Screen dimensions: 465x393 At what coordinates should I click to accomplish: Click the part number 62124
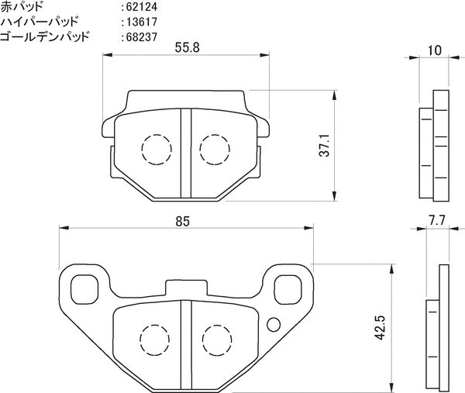(x=142, y=7)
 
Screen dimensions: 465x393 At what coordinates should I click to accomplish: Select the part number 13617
(x=142, y=22)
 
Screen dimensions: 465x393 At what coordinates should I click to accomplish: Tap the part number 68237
(x=142, y=37)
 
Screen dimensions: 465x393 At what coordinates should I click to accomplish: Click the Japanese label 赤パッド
(x=22, y=6)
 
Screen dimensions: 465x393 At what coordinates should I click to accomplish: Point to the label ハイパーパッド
(x=40, y=22)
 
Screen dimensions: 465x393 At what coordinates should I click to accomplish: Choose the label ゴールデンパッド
(x=45, y=36)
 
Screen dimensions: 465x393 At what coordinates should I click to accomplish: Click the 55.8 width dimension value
(x=187, y=47)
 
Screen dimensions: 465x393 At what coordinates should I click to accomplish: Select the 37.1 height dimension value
(x=325, y=145)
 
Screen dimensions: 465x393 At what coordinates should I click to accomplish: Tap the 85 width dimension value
(x=182, y=221)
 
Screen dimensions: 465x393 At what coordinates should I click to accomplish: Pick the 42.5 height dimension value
(x=380, y=327)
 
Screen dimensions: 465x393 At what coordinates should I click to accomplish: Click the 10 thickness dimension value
(x=435, y=50)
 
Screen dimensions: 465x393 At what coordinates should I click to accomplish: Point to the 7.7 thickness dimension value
(x=437, y=221)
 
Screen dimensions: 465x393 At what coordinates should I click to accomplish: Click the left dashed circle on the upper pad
(x=157, y=150)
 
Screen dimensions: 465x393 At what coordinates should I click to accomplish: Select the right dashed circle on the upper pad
(x=215, y=150)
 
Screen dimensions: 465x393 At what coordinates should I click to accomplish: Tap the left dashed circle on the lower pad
(x=155, y=340)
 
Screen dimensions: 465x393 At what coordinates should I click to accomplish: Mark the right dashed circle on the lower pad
(x=217, y=340)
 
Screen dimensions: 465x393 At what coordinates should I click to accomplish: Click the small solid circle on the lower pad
(x=274, y=325)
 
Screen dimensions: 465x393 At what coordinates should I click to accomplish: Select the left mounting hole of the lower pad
(x=84, y=289)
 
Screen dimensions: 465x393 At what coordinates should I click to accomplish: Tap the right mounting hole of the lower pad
(x=288, y=289)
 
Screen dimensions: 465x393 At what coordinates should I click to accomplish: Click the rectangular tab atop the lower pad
(x=186, y=288)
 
